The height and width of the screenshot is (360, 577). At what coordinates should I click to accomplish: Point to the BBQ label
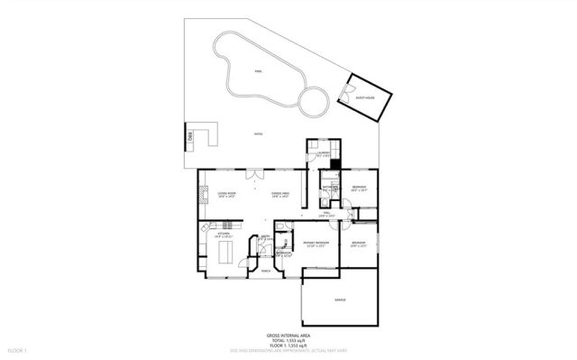(x=190, y=136)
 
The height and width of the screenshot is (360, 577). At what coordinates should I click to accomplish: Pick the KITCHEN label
(x=224, y=234)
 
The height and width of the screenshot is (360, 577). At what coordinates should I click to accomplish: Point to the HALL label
(x=327, y=214)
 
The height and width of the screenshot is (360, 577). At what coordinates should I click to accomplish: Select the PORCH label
(x=266, y=271)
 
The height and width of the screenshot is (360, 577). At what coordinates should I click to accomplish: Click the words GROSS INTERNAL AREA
(x=289, y=335)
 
